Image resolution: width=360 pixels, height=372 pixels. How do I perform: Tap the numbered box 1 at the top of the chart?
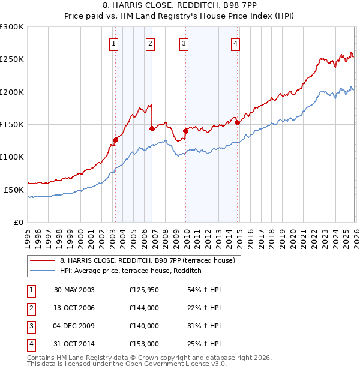[x=114, y=43]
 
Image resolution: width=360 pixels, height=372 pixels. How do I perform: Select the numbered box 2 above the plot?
[x=150, y=43]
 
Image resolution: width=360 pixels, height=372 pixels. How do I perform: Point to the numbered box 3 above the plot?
[x=184, y=43]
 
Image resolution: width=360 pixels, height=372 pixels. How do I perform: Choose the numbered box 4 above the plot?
[x=236, y=43]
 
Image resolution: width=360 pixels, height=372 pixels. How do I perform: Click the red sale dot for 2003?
[x=115, y=140]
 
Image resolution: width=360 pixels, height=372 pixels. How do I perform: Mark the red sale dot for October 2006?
[x=151, y=128]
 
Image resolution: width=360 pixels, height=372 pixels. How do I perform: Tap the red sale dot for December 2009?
[x=185, y=131]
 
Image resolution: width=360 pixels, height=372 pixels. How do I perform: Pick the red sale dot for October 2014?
[x=237, y=122]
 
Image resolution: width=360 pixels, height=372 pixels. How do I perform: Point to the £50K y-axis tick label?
[x=14, y=190]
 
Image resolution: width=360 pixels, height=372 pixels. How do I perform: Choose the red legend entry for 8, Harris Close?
[x=150, y=260]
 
